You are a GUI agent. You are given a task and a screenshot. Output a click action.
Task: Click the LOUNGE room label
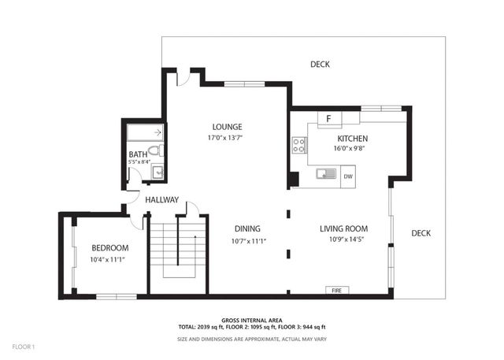point(227,127)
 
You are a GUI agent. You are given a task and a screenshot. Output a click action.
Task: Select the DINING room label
point(246,229)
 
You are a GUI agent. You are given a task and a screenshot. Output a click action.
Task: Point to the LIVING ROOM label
point(343,229)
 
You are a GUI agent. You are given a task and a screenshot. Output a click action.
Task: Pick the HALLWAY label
point(161,200)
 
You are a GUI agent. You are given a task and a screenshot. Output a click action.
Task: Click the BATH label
point(138,154)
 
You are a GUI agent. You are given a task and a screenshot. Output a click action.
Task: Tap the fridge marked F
point(328,119)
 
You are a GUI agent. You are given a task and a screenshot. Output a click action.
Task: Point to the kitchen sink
point(325,174)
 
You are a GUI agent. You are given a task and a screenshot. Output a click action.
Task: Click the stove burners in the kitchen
point(299,145)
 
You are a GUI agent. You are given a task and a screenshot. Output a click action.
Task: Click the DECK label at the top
point(320,65)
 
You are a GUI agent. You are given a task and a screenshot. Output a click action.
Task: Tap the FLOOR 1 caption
point(24,345)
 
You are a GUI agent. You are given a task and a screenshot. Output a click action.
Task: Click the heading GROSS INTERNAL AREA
point(252,319)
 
